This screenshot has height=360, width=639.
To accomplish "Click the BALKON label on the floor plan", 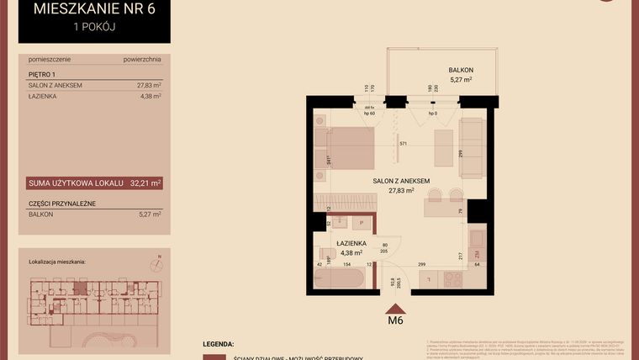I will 461,70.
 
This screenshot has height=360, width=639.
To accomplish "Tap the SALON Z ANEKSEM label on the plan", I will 402,180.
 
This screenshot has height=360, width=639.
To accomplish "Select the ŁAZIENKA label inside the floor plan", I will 349,243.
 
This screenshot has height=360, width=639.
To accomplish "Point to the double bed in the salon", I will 347,150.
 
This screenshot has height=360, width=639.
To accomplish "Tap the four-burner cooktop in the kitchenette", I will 456,278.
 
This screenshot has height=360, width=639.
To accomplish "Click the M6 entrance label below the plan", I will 396,320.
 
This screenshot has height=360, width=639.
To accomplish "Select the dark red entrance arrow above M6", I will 396,307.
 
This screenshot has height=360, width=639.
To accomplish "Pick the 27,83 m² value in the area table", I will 148,85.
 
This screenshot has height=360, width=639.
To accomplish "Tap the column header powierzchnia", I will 141,61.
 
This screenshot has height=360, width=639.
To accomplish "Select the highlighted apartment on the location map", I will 80,289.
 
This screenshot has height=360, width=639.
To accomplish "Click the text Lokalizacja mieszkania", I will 57,262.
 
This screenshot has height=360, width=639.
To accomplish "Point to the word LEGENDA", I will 219,345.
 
